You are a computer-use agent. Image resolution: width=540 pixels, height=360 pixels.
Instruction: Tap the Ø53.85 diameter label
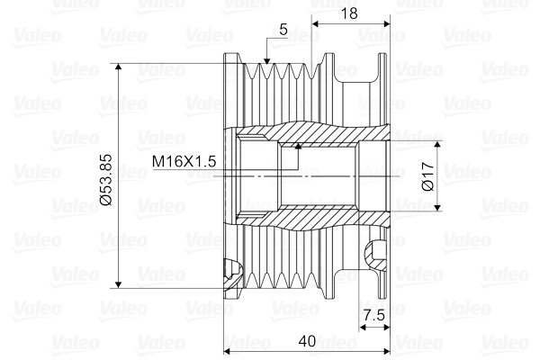pos(106,176)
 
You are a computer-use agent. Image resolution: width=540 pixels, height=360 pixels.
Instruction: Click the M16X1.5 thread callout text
pos(184,161)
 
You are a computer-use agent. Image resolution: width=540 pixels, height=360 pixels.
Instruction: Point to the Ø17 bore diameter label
pos(428,175)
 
